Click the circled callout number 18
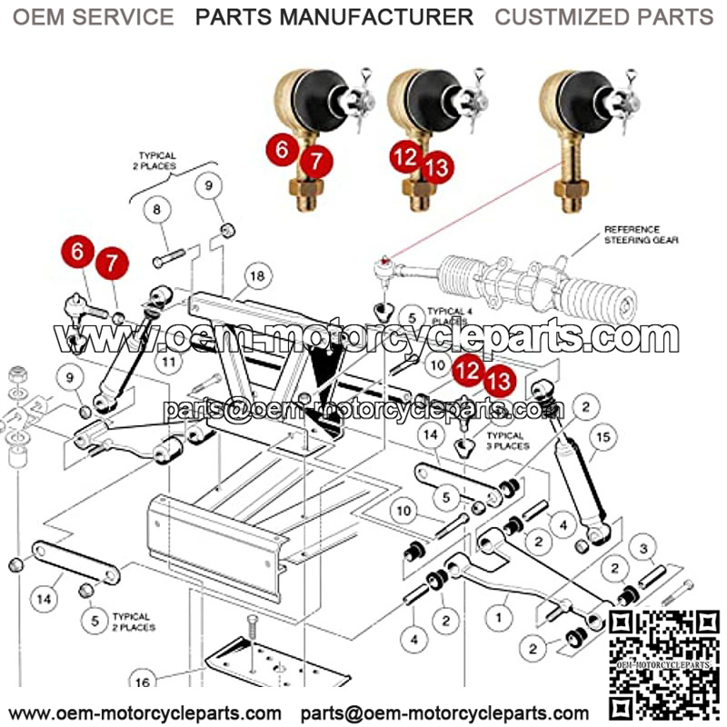pos(257,275)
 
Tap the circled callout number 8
pos(157,210)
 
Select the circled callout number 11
pos(167,363)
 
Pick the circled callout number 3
pos(643,548)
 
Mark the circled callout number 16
pos(141,681)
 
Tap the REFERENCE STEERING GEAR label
pos(632,235)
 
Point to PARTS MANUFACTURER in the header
pos(334,17)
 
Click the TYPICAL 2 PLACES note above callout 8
pos(157,162)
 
